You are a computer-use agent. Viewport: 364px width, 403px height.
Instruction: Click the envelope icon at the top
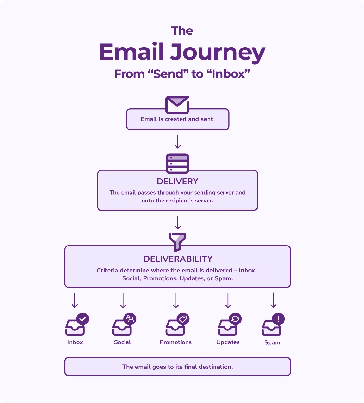tap(177, 105)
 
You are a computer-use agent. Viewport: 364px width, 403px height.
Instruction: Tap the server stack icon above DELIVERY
tap(177, 163)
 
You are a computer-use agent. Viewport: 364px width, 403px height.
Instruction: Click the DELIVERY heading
tap(177, 182)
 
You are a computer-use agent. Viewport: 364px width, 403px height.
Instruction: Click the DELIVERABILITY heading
tap(178, 259)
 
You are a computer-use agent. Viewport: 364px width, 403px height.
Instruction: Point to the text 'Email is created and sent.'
tap(178, 119)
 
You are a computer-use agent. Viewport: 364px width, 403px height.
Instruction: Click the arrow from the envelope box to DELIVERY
tap(178, 142)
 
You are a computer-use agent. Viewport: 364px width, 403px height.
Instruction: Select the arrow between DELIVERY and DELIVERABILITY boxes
tap(178, 222)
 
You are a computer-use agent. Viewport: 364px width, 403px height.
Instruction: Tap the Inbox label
tap(75, 342)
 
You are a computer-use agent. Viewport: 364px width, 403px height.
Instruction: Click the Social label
tap(122, 342)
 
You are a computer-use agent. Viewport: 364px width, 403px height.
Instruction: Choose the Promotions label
tap(176, 342)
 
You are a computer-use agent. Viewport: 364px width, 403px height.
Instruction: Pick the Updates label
tap(228, 342)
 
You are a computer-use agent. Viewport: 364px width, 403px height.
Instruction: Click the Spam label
tap(272, 342)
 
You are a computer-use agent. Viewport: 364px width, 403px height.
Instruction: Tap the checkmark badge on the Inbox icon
tap(83, 319)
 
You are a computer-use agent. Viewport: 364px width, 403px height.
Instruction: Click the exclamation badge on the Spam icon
tap(278, 319)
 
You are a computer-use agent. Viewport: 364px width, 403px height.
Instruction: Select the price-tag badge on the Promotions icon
tap(183, 319)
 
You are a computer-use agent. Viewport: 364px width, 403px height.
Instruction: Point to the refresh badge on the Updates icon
tap(235, 319)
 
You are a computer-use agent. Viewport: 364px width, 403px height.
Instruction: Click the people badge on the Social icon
tap(130, 319)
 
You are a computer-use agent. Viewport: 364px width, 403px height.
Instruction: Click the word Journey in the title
tap(218, 52)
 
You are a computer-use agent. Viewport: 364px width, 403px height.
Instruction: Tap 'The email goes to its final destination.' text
tap(177, 367)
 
